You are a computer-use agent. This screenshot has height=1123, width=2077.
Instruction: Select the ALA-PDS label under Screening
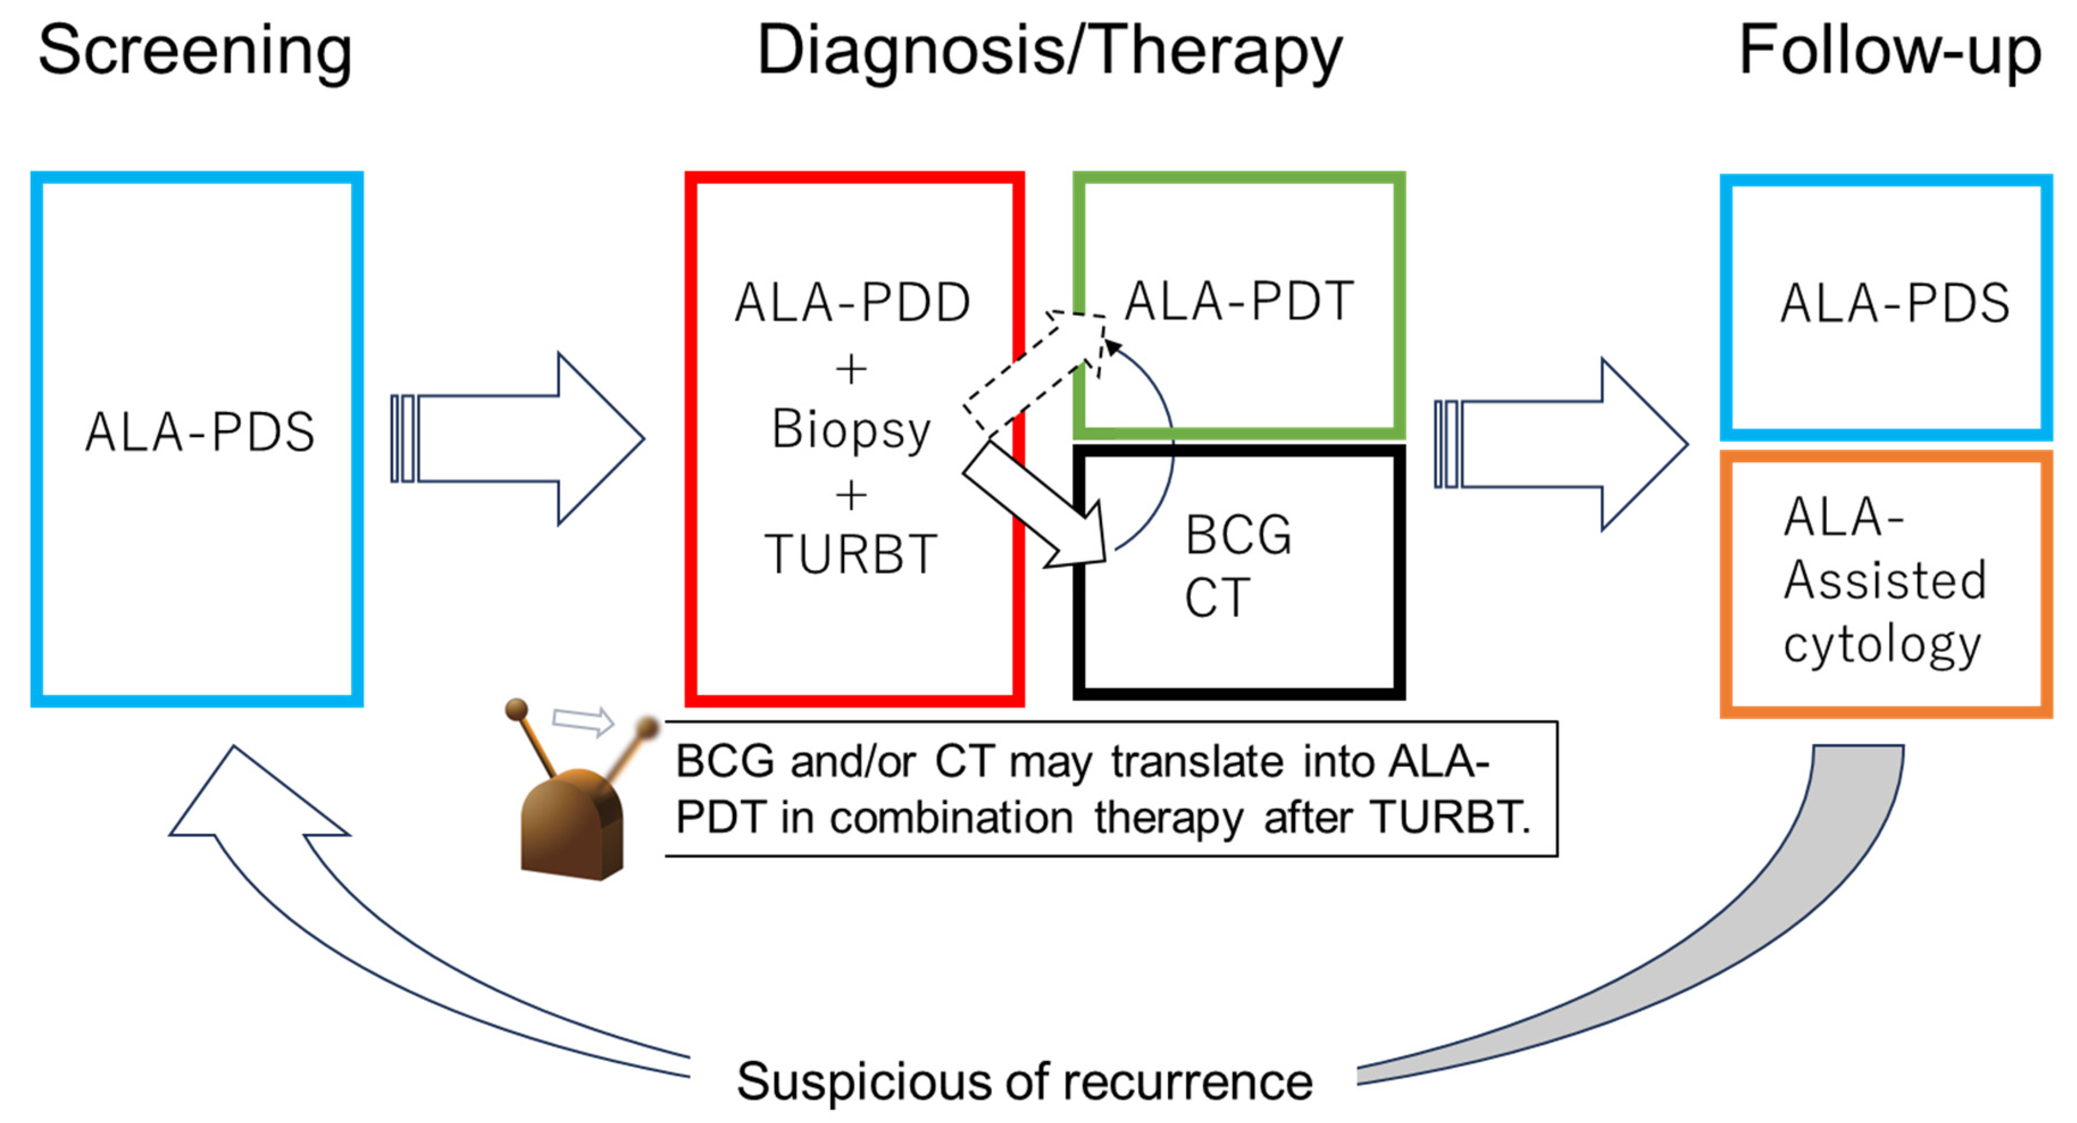(199, 432)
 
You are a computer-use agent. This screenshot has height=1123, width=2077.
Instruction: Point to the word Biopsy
(851, 429)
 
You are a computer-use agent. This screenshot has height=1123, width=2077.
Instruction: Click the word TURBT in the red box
(851, 554)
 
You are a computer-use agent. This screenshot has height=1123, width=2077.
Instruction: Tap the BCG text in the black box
(1238, 535)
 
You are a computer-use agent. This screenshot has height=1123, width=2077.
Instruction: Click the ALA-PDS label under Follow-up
(1895, 304)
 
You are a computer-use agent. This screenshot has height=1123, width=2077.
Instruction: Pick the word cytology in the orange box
(1882, 645)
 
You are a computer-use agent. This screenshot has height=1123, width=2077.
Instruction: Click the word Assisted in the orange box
(1884, 581)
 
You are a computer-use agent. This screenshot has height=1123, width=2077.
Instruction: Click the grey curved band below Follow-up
(1774, 927)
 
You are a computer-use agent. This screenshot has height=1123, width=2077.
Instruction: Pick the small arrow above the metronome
(583, 720)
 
